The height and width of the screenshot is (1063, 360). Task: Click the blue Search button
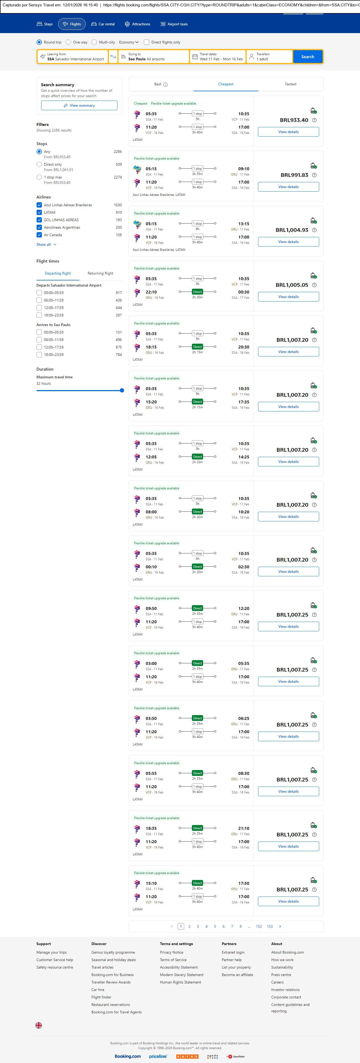tap(308, 57)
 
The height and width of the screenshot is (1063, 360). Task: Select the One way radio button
tap(69, 42)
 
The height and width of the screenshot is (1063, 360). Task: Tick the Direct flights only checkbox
tap(147, 42)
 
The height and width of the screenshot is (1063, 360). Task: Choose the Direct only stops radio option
tap(39, 165)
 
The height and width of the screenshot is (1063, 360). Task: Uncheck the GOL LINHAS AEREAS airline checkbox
tap(39, 220)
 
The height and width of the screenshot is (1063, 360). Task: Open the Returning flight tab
tap(100, 273)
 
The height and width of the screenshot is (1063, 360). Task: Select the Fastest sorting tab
tap(291, 84)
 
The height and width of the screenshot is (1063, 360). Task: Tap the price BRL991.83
tap(294, 175)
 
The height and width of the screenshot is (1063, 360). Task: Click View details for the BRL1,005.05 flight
tap(288, 297)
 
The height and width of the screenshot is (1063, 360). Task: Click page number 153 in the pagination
tap(270, 926)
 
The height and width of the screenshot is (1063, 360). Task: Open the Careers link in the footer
tap(277, 982)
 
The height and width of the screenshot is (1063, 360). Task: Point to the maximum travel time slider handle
tap(122, 390)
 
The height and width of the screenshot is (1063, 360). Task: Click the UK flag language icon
tap(39, 1025)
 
